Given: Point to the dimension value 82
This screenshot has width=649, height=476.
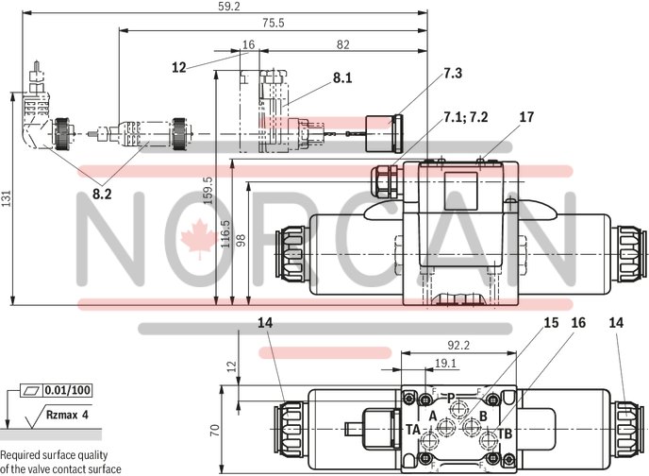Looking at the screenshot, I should [x=341, y=44].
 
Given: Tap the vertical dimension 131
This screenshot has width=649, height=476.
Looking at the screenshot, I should [x=7, y=199].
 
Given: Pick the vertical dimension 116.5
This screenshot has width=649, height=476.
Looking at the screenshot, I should [x=225, y=232].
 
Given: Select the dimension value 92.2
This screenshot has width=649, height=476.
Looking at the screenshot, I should [x=459, y=347].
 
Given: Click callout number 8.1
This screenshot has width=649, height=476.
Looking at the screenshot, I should [x=341, y=78].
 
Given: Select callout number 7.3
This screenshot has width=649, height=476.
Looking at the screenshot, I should [x=453, y=73].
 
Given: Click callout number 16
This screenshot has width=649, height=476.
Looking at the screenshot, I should [x=578, y=323].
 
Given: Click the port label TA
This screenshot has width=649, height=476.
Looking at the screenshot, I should [x=413, y=429].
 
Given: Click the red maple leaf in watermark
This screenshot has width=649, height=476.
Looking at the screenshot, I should [x=197, y=231].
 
